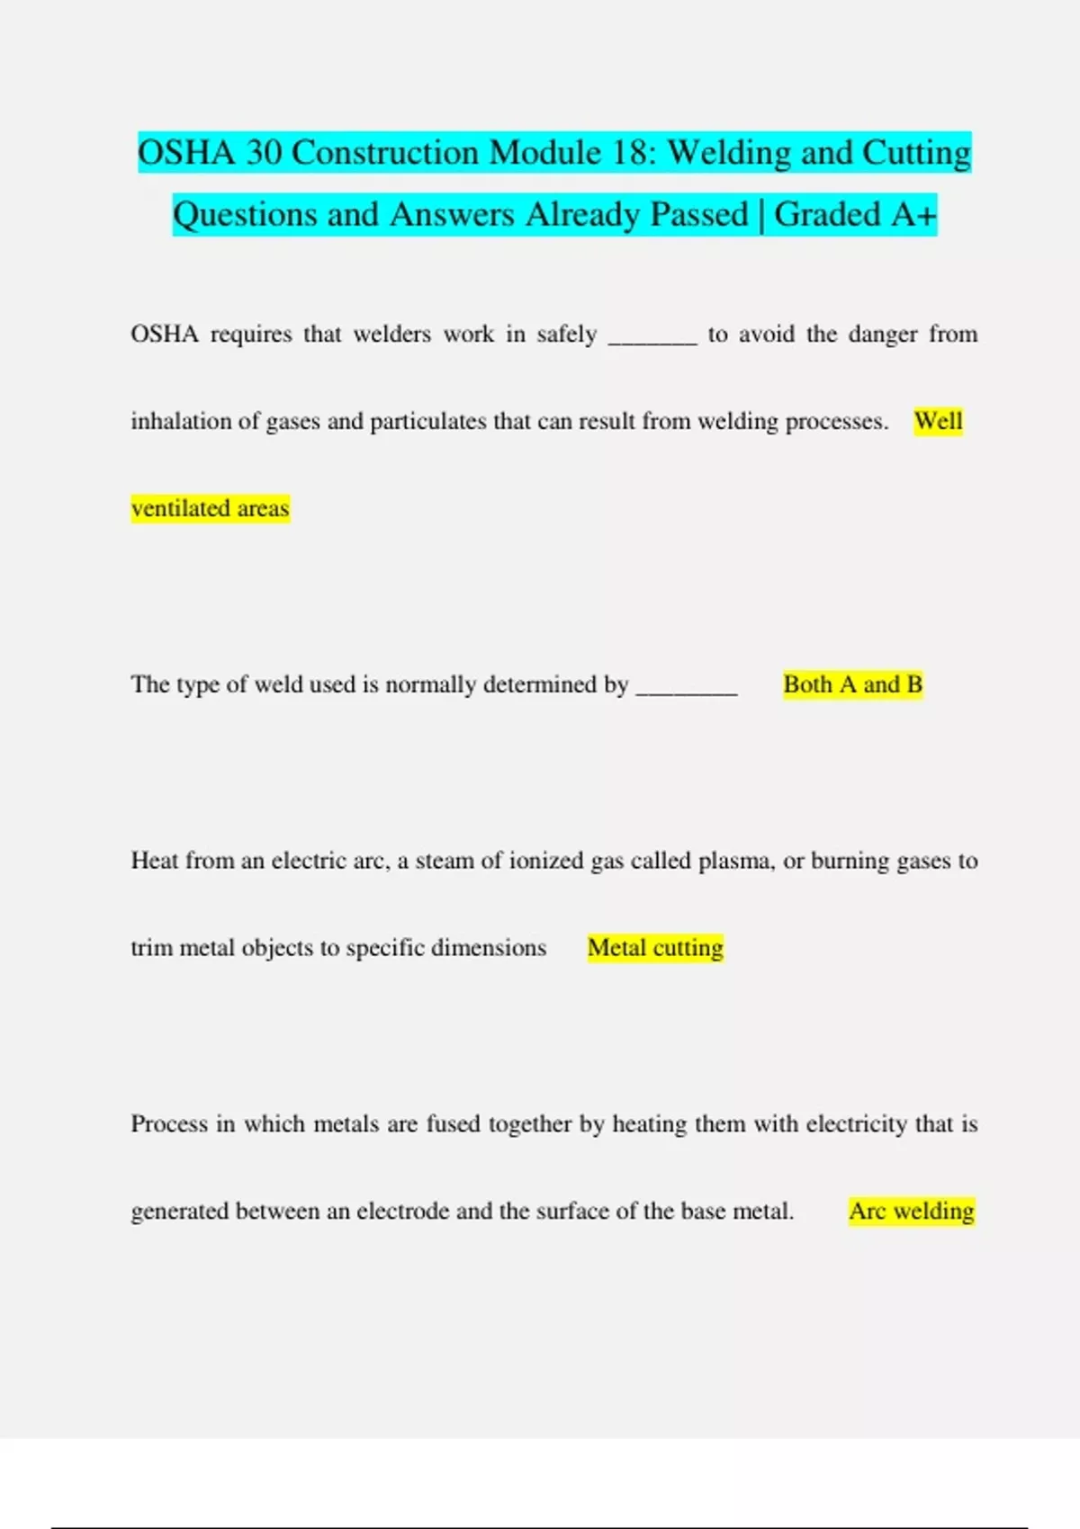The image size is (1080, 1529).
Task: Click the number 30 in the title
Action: (x=264, y=153)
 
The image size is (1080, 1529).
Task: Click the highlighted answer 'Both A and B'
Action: (x=852, y=684)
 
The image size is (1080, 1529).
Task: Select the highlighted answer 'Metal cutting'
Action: (x=655, y=948)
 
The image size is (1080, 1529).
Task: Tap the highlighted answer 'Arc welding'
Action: (x=911, y=1211)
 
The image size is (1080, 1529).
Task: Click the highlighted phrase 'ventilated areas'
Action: (x=210, y=508)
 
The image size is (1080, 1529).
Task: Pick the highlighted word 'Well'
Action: (x=938, y=421)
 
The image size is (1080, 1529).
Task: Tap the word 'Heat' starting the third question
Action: (x=154, y=861)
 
